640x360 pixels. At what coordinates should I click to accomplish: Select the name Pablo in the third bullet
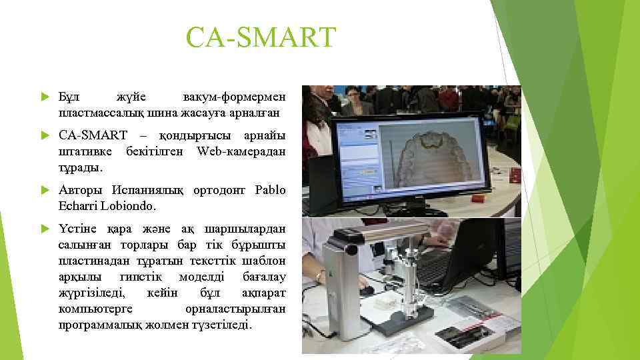click(x=270, y=191)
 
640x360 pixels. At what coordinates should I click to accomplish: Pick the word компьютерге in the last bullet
click(x=95, y=310)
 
